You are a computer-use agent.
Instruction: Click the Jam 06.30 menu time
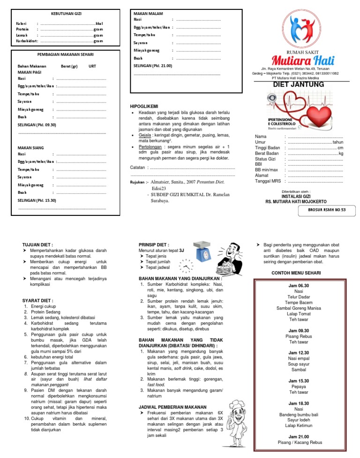(x=299, y=285)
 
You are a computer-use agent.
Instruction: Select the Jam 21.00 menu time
(x=299, y=436)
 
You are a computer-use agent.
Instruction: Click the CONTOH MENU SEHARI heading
(x=299, y=273)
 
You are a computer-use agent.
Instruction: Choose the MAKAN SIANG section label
(x=31, y=148)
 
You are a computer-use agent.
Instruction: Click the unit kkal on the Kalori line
(x=99, y=23)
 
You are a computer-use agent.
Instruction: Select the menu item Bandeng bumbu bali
(x=299, y=415)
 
